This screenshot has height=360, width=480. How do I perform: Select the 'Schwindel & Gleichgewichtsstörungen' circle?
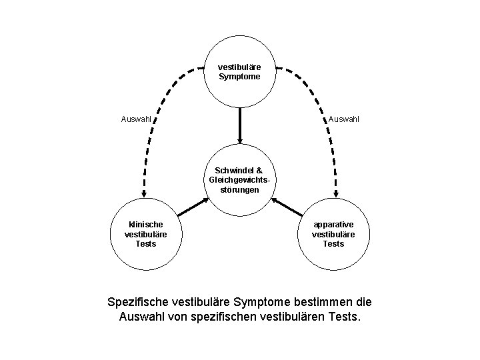pyautogui.click(x=239, y=180)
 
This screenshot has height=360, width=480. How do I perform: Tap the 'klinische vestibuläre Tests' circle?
pyautogui.click(x=145, y=234)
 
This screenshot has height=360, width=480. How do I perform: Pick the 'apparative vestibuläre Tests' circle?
pyautogui.click(x=333, y=234)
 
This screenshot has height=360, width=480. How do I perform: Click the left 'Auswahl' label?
pyautogui.click(x=137, y=120)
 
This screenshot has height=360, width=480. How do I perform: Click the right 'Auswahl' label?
pyautogui.click(x=343, y=120)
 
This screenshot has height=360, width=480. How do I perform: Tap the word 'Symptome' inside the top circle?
pyautogui.click(x=239, y=77)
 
